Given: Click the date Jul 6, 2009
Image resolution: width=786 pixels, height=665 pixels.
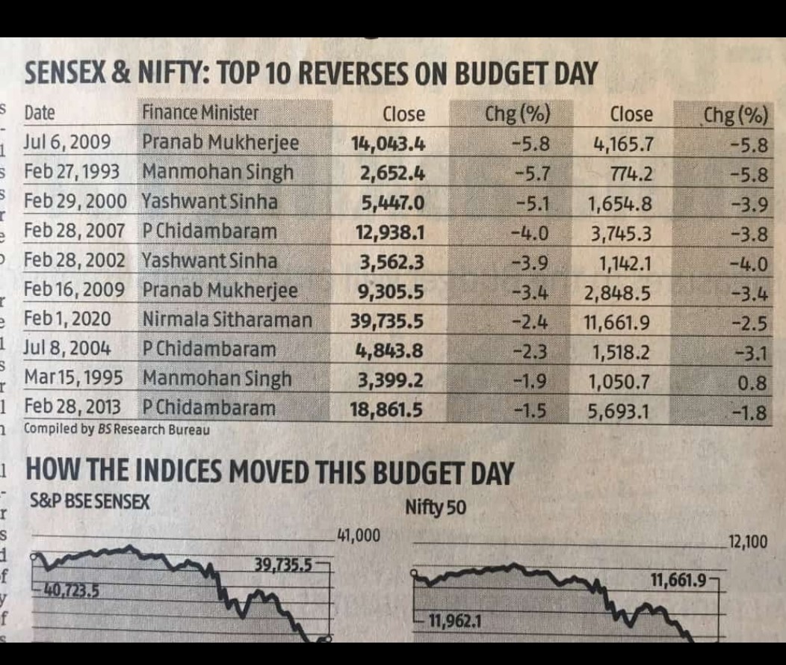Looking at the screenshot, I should point(67,142).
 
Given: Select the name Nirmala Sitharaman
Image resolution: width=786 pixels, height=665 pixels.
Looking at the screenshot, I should point(227,320).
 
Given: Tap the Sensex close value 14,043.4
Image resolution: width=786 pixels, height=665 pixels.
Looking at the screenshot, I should point(389,143).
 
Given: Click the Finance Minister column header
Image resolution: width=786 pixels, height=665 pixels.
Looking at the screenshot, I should point(200,114).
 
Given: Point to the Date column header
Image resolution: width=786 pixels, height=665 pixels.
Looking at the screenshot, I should point(40,114).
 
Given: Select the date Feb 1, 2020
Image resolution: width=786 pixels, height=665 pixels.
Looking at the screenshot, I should point(67,320).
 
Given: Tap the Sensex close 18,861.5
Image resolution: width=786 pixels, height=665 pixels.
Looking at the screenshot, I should point(386,409).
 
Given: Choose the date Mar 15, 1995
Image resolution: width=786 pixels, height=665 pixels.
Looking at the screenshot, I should point(74,378).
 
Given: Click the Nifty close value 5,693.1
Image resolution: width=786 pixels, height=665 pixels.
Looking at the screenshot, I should point(619,410).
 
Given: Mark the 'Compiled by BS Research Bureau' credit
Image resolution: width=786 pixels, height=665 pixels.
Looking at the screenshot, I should point(117,430).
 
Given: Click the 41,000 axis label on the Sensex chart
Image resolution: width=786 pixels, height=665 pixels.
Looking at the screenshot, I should point(359,535).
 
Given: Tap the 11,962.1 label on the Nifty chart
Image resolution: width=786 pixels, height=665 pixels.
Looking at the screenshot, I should point(454,621).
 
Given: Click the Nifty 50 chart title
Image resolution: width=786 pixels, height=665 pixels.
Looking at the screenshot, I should point(435,508).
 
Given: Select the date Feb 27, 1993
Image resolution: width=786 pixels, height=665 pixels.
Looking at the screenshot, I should point(72,172).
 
